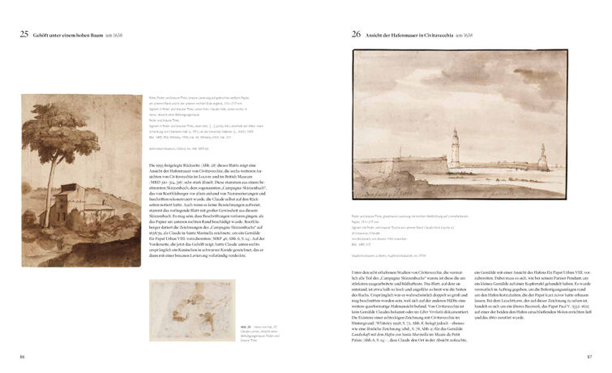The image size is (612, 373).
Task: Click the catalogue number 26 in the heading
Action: tap(356, 35)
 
